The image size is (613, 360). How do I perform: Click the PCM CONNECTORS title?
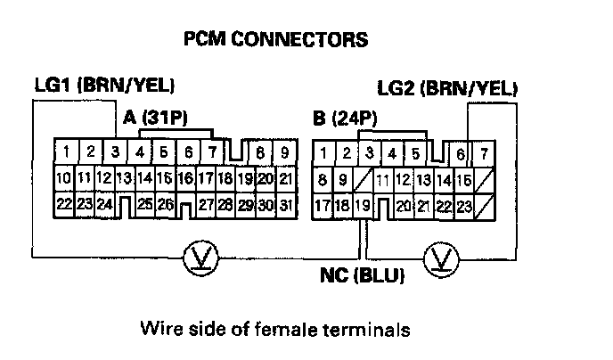click(274, 40)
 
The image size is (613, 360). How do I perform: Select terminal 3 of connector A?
click(115, 152)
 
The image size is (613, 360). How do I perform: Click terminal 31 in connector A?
click(285, 206)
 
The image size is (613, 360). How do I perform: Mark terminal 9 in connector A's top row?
click(283, 152)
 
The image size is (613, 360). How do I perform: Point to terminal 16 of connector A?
click(185, 179)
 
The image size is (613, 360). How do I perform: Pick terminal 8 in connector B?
click(323, 181)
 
